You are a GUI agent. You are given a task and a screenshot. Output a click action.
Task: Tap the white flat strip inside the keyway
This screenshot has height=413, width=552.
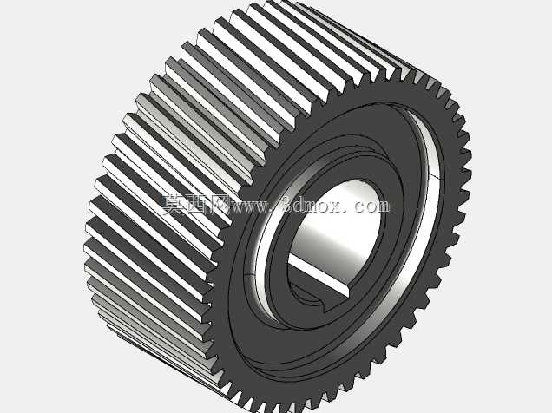(319, 273)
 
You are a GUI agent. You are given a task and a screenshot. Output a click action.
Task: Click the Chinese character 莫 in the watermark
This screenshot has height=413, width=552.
(174, 204)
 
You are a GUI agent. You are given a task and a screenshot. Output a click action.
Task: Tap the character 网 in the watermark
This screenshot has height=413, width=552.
(219, 205)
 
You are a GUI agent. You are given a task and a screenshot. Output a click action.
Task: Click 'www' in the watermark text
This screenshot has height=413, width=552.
(248, 207)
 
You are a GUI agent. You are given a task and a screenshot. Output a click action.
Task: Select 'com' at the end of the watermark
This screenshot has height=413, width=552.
(372, 206)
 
